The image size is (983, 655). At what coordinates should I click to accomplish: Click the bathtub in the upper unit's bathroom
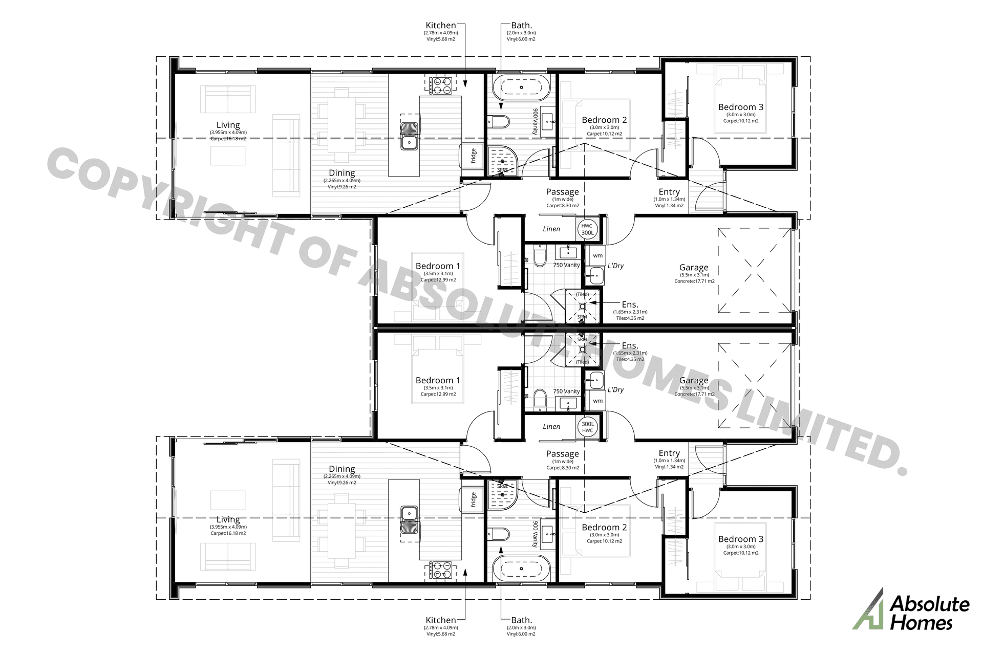click(521, 88)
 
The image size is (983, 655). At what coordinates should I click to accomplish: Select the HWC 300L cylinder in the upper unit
click(587, 229)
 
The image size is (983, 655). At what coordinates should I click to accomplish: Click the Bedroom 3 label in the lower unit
click(740, 539)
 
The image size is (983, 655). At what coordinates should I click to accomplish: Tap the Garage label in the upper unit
click(694, 267)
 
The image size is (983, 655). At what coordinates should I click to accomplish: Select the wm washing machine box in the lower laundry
click(597, 401)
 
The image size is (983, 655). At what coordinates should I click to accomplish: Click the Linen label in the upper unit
click(551, 229)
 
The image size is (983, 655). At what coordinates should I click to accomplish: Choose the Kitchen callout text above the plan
click(440, 25)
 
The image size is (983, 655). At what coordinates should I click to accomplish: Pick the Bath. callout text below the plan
click(521, 620)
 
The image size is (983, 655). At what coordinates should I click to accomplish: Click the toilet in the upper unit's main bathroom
click(499, 122)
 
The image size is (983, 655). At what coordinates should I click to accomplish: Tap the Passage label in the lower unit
click(562, 453)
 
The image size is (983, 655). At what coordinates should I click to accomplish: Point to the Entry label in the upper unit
click(669, 192)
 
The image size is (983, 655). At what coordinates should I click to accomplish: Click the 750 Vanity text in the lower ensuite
click(566, 391)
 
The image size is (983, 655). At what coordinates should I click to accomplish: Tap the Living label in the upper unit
click(228, 125)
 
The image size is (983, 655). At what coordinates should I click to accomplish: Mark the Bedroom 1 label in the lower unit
click(438, 380)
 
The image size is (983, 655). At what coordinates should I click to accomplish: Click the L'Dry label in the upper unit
click(615, 266)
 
